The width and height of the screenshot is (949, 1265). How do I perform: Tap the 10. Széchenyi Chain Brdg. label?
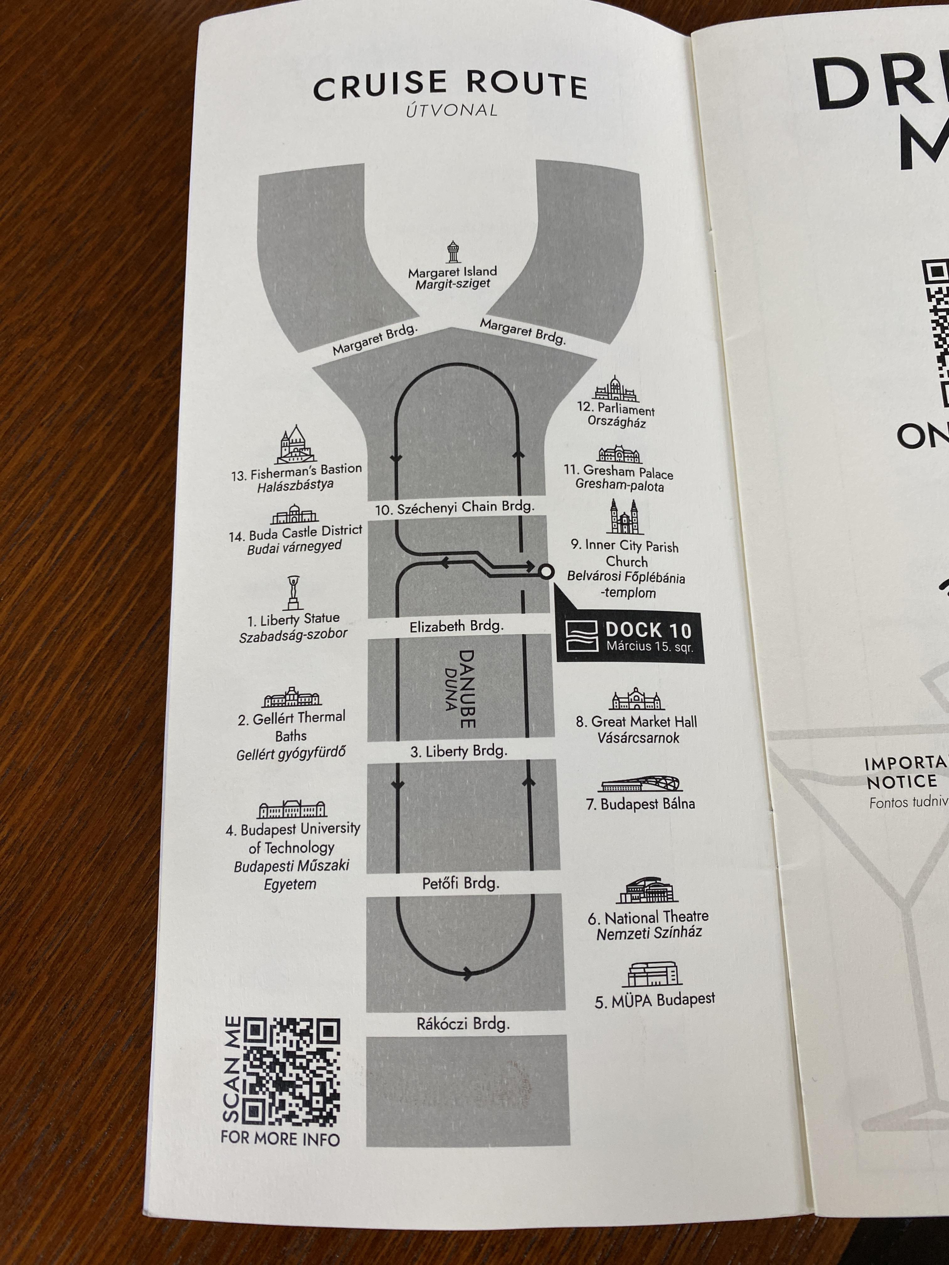(x=455, y=507)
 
